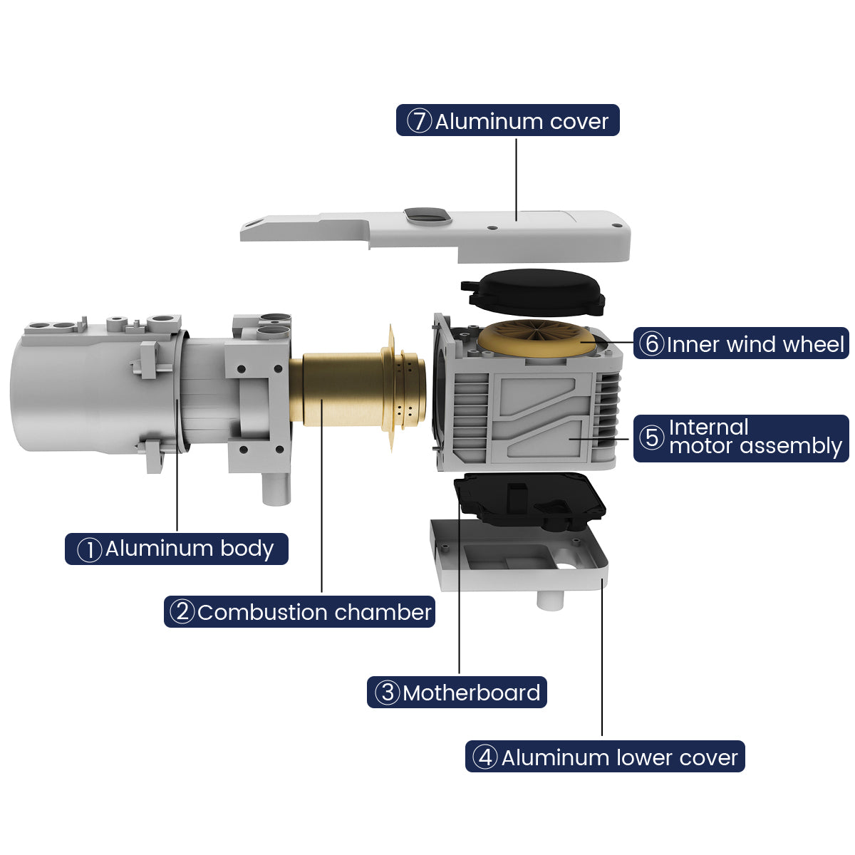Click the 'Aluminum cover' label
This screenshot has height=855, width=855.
pyautogui.click(x=507, y=120)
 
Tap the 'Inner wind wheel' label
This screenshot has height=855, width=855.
pyautogui.click(x=740, y=343)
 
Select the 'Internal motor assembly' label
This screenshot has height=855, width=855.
pyautogui.click(x=740, y=438)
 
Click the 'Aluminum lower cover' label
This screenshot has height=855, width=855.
pyautogui.click(x=605, y=757)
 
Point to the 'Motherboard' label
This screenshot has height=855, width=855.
pyautogui.click(x=457, y=692)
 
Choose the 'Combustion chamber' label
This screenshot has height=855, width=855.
pyautogui.click(x=299, y=612)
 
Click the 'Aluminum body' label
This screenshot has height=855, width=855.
pyautogui.click(x=176, y=549)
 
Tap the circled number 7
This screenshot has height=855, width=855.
pyautogui.click(x=419, y=120)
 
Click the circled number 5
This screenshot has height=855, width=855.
pyautogui.click(x=651, y=438)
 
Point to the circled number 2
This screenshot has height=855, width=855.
pyautogui.click(x=182, y=612)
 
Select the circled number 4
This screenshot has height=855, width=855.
pyautogui.click(x=484, y=757)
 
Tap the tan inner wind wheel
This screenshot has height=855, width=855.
pyautogui.click(x=537, y=338)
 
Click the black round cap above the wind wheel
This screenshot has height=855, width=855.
pyautogui.click(x=533, y=292)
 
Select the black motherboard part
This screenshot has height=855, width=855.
pyautogui.click(x=530, y=502)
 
